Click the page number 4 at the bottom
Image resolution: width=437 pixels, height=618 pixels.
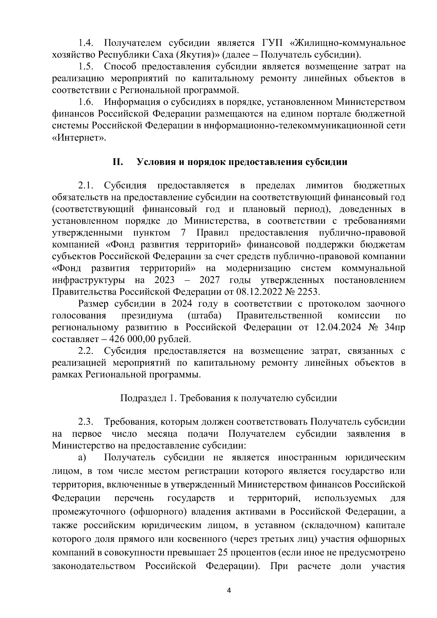(229, 591)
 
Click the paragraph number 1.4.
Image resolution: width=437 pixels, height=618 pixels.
(86, 43)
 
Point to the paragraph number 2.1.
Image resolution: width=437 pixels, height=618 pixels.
(86, 186)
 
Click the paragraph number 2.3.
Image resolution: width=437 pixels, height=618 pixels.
(86, 422)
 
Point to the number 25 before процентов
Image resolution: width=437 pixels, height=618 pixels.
(222, 552)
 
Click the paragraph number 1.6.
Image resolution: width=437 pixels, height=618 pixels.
(86, 102)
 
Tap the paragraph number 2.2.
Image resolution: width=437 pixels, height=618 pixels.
(86, 351)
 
